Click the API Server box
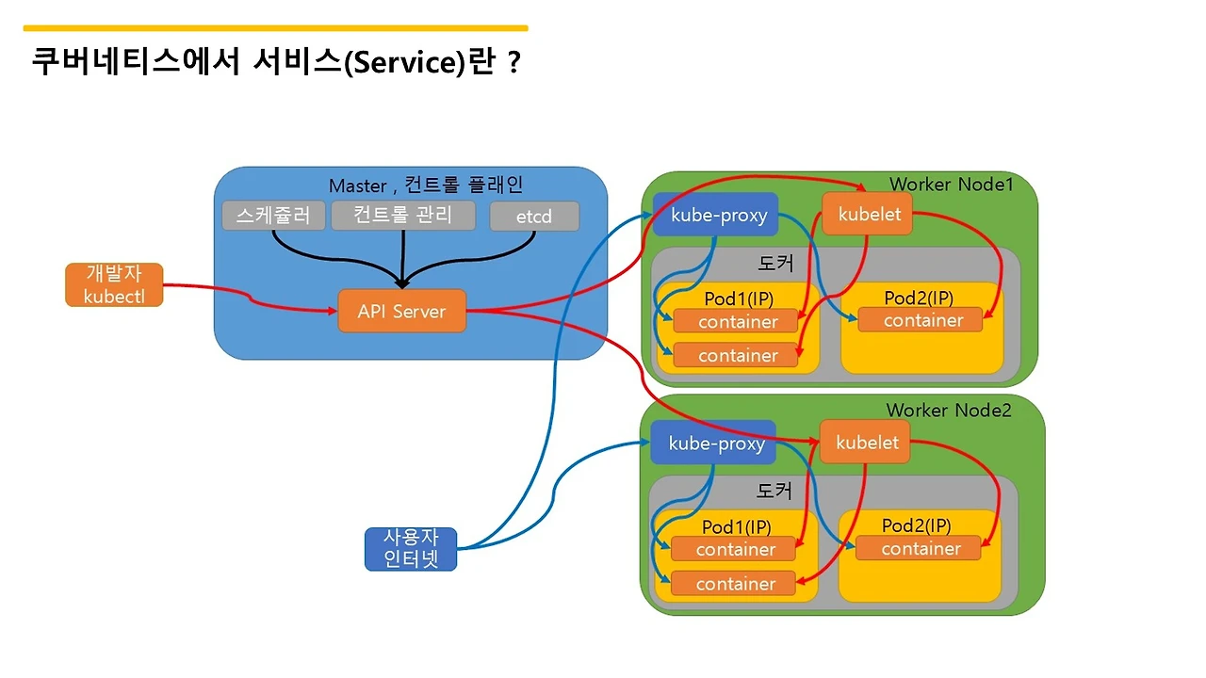(401, 311)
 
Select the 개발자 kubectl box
(114, 284)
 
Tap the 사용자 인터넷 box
(410, 549)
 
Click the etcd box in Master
(533, 217)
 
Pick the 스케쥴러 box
(273, 215)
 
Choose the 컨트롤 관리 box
(402, 215)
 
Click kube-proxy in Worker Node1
(718, 215)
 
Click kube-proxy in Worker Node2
(715, 443)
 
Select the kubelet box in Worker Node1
(869, 214)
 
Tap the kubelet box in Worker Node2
(866, 443)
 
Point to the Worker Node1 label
(951, 184)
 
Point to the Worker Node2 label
(948, 411)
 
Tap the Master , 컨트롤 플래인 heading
(425, 185)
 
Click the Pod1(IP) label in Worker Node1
(739, 298)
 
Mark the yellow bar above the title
(275, 28)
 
